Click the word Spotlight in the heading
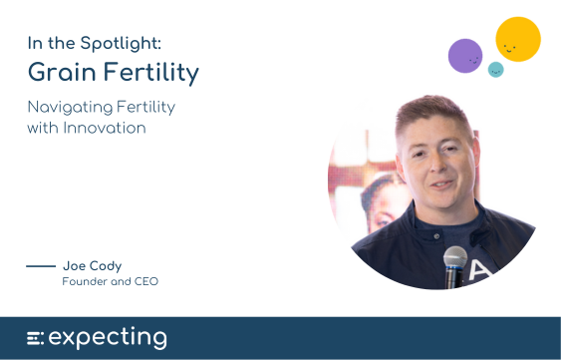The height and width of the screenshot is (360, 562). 121,44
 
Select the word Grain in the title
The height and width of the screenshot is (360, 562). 62,72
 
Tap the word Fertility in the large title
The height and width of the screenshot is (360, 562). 150,73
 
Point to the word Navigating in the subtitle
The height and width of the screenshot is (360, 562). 70,108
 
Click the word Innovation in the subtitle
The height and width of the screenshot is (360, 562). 105,128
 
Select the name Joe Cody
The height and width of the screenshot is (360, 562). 92,266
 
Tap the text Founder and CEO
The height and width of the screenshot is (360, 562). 110,281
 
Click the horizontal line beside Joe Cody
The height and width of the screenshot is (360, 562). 41,266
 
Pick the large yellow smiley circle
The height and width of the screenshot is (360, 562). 518,39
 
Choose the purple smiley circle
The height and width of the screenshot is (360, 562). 465,56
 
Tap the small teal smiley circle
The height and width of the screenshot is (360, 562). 495,70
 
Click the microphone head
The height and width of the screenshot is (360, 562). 455,256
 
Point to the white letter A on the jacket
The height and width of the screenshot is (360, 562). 480,270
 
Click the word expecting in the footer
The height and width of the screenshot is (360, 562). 108,337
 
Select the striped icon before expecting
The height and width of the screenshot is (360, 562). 35,338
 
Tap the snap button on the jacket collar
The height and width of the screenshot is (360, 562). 436,236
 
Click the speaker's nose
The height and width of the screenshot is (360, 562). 438,165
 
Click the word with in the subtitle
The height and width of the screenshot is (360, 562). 43,128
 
